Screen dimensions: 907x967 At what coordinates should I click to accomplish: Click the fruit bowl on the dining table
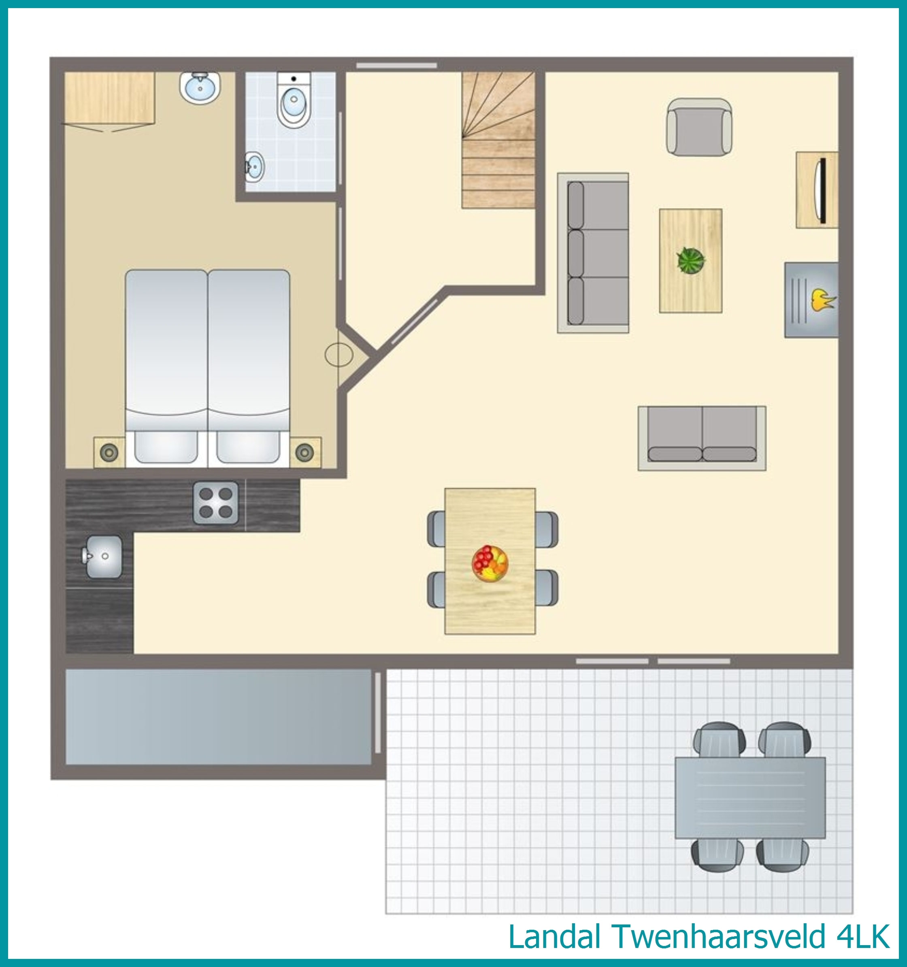tap(490, 563)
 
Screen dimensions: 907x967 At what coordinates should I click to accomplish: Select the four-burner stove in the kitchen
tap(216, 503)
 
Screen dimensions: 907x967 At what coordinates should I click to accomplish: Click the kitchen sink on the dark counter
tap(104, 556)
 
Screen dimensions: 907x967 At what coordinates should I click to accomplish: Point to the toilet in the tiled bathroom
tap(294, 101)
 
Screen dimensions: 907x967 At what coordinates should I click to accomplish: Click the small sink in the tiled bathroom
tap(254, 167)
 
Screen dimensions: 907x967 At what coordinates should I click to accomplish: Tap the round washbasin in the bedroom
tap(200, 87)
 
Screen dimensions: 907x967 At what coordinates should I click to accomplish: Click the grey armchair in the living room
tap(699, 127)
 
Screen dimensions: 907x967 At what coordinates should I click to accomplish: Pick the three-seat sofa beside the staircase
tap(593, 253)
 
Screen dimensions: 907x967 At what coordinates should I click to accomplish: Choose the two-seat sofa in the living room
tap(702, 438)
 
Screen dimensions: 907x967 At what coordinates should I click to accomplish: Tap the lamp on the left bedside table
tap(109, 452)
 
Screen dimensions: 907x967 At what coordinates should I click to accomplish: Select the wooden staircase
tap(498, 140)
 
